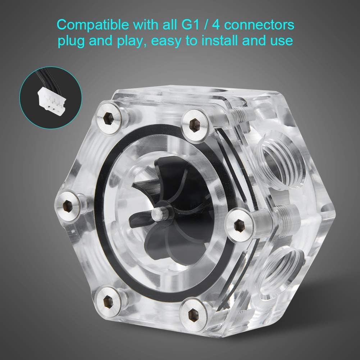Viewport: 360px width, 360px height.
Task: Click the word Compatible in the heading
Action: click(93, 24)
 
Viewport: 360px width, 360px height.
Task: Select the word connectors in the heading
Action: click(259, 25)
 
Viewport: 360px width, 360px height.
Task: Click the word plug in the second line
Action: click(72, 41)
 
